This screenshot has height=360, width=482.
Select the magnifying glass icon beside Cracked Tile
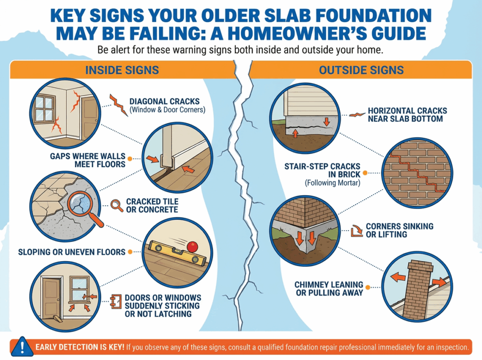click(x=117, y=205)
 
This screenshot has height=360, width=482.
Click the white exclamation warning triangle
click(x=22, y=347)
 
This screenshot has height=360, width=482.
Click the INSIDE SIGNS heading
click(x=122, y=70)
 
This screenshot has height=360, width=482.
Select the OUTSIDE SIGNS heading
click(x=361, y=70)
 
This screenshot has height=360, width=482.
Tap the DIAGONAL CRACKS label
click(x=164, y=102)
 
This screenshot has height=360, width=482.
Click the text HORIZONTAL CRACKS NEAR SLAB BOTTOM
click(x=407, y=115)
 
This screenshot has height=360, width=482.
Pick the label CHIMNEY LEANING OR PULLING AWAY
click(x=329, y=288)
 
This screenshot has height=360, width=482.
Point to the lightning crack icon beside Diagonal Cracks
click(x=118, y=105)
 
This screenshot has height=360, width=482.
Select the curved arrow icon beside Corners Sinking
click(x=357, y=231)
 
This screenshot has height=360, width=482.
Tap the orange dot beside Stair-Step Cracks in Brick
click(x=365, y=173)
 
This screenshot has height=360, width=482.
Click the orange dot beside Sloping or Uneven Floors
click(x=130, y=252)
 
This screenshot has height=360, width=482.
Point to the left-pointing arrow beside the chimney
click(x=398, y=277)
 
